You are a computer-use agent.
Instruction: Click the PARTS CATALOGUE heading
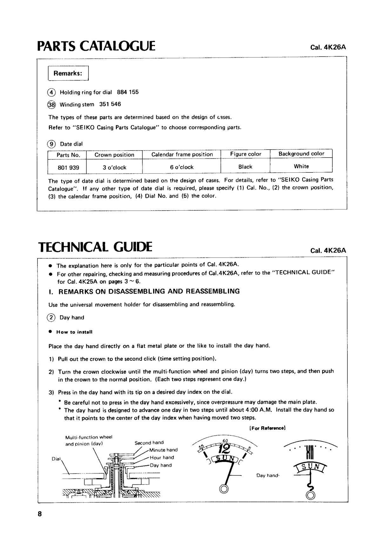[96, 46]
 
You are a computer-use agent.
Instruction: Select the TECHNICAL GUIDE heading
[95, 247]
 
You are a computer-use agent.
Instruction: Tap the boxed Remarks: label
[68, 73]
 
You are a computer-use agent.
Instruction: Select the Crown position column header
[114, 155]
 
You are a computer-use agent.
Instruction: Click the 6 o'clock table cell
[182, 167]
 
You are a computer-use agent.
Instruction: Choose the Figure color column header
[245, 154]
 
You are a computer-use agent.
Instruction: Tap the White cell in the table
[301, 166]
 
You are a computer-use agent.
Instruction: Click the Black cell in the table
[245, 166]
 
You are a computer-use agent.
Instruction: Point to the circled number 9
[51, 144]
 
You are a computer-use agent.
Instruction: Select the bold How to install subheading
[74, 332]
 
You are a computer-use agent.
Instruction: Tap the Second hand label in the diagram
[149, 442]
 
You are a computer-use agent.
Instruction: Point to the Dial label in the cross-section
[56, 459]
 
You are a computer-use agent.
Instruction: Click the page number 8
[39, 514]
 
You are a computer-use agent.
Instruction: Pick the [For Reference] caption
[268, 428]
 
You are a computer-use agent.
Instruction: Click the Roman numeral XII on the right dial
[310, 452]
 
